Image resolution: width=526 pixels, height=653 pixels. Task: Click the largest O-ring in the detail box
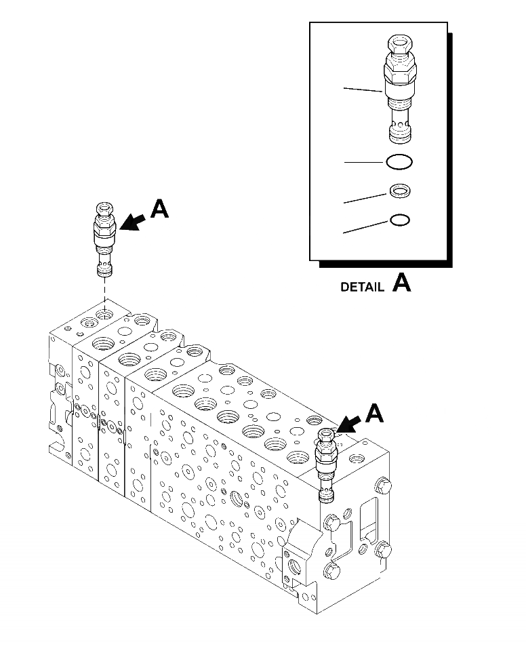(x=399, y=162)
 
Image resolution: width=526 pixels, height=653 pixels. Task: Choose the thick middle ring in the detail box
(x=399, y=192)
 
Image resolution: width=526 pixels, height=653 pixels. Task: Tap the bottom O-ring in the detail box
(x=399, y=221)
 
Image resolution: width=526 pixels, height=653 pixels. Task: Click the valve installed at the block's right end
(x=327, y=464)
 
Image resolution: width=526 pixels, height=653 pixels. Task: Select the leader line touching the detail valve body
(x=364, y=90)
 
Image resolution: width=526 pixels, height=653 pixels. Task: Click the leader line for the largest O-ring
(x=364, y=162)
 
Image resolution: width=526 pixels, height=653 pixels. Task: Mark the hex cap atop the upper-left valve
(x=105, y=209)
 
